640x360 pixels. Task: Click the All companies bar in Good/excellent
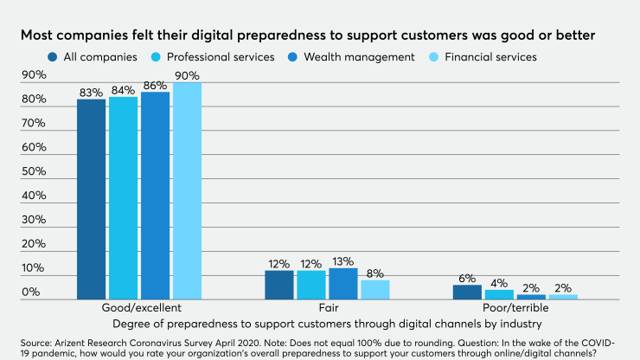[x=91, y=199]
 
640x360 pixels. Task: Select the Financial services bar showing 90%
[x=187, y=190]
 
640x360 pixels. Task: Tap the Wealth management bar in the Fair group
[x=343, y=284]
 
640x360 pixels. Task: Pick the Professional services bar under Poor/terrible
[x=499, y=294]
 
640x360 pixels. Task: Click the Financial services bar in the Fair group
[x=375, y=290]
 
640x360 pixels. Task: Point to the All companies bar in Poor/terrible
[x=467, y=292]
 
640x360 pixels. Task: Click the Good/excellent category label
[x=138, y=307]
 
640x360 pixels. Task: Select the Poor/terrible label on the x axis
[x=515, y=307]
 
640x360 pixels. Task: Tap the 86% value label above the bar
[x=156, y=86]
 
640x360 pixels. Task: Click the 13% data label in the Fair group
[x=343, y=261]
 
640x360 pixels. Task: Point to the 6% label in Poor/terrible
[x=468, y=278]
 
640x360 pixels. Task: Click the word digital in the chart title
[x=228, y=36]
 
